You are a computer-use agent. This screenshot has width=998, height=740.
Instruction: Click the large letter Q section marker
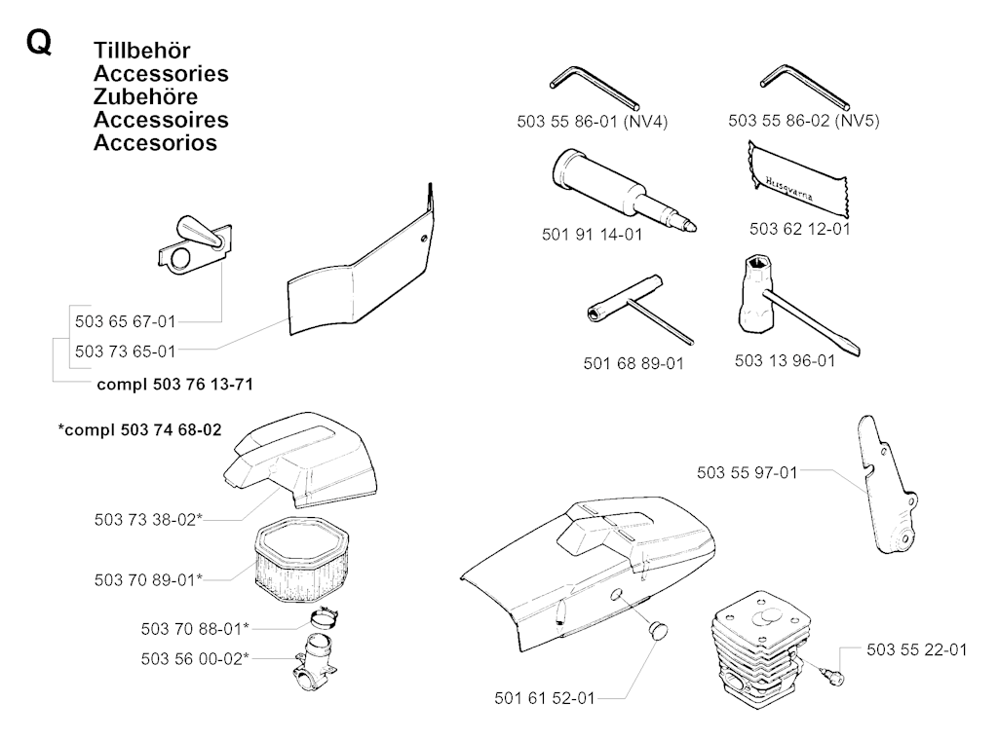[38, 46]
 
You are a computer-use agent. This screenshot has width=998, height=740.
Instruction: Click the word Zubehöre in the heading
[145, 96]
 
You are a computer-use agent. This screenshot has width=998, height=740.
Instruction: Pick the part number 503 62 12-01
[799, 230]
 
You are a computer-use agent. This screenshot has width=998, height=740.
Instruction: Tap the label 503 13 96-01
[785, 360]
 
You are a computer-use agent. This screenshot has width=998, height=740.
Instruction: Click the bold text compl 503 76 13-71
[175, 384]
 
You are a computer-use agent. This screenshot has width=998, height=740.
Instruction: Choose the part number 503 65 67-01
[125, 321]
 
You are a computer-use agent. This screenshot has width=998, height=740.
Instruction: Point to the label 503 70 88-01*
[195, 627]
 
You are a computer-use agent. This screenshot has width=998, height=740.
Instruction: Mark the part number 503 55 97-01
[748, 473]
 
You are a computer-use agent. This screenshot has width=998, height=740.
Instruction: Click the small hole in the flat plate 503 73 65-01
[424, 237]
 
